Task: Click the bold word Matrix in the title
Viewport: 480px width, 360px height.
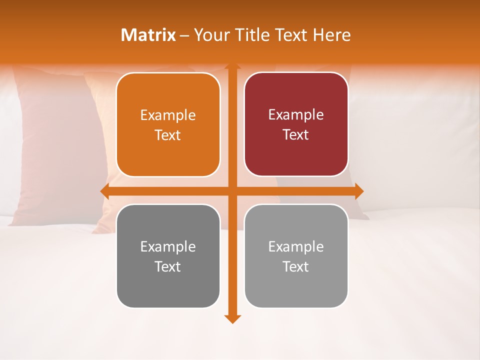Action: click(148, 35)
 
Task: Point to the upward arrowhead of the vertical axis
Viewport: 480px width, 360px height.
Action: click(232, 66)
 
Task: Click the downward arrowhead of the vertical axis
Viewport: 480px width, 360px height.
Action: click(232, 319)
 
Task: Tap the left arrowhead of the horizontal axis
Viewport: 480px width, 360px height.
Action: click(104, 191)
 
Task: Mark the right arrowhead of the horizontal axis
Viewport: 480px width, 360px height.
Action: click(359, 191)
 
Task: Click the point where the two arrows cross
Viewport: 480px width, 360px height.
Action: click(232, 191)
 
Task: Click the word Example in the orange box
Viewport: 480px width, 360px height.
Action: click(168, 115)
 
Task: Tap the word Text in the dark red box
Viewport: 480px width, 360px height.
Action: click(296, 135)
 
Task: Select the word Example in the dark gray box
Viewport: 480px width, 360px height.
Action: click(168, 246)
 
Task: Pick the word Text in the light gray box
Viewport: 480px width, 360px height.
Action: click(296, 266)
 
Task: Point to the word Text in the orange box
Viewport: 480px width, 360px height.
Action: click(168, 135)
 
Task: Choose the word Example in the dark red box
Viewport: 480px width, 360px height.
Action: click(296, 115)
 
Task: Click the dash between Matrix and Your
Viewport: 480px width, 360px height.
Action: click(184, 35)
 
